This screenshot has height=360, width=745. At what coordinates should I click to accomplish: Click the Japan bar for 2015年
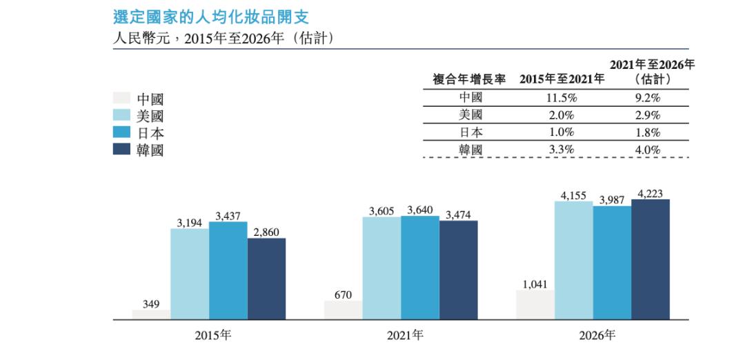pyautogui.click(x=228, y=270)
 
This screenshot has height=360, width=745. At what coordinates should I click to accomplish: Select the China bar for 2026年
pyautogui.click(x=535, y=305)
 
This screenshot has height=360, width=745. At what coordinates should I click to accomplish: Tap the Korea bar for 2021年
pyautogui.click(x=458, y=270)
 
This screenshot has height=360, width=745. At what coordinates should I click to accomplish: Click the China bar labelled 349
pyautogui.click(x=151, y=314)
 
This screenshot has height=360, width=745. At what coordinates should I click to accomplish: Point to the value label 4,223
pyautogui.click(x=650, y=194)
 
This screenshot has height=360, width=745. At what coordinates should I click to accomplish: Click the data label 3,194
pyautogui.click(x=189, y=223)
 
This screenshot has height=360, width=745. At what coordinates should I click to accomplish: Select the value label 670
pyautogui.click(x=343, y=294)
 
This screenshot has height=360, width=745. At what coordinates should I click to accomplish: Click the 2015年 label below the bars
pyautogui.click(x=212, y=336)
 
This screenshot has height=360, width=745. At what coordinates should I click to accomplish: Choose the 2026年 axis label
pyautogui.click(x=597, y=336)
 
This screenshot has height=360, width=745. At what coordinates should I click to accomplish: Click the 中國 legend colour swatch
pyautogui.click(x=121, y=99)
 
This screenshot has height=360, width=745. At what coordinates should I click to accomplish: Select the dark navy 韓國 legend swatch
pyautogui.click(x=121, y=149)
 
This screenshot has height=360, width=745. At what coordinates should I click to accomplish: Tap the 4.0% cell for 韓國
pyautogui.click(x=648, y=149)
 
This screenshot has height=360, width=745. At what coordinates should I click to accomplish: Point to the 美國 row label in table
pyautogui.click(x=471, y=115)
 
